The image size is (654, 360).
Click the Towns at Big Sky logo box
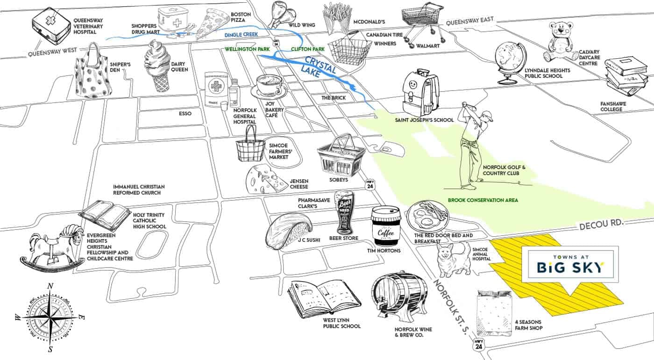pos(569,264)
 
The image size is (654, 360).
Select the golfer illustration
pos(474,142)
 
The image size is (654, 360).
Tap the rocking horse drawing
pos(49,247)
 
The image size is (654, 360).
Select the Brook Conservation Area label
pos(483,200)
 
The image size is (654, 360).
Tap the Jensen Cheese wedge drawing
pos(263,180)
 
